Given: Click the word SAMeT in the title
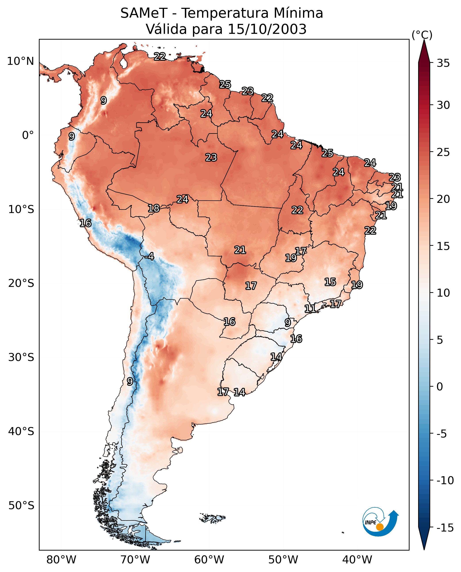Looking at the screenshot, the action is click(144, 13).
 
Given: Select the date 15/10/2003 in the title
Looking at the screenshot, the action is click(267, 29).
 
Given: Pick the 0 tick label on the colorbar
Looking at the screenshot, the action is click(440, 387).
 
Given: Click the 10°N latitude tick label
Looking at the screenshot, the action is click(21, 61).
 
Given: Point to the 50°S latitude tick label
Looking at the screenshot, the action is click(21, 505).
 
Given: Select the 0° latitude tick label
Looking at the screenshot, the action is click(28, 135).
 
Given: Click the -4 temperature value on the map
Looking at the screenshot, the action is click(149, 257).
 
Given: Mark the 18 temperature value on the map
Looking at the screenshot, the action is click(154, 208).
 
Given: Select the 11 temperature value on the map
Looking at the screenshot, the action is click(310, 309).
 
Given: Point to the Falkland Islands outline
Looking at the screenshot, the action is click(212, 518).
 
